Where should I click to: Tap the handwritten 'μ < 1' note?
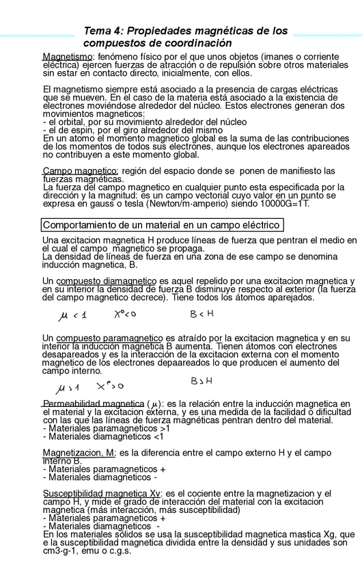click(73, 314)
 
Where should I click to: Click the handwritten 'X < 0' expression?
click(126, 313)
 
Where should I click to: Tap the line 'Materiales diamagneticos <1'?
click(103, 436)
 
